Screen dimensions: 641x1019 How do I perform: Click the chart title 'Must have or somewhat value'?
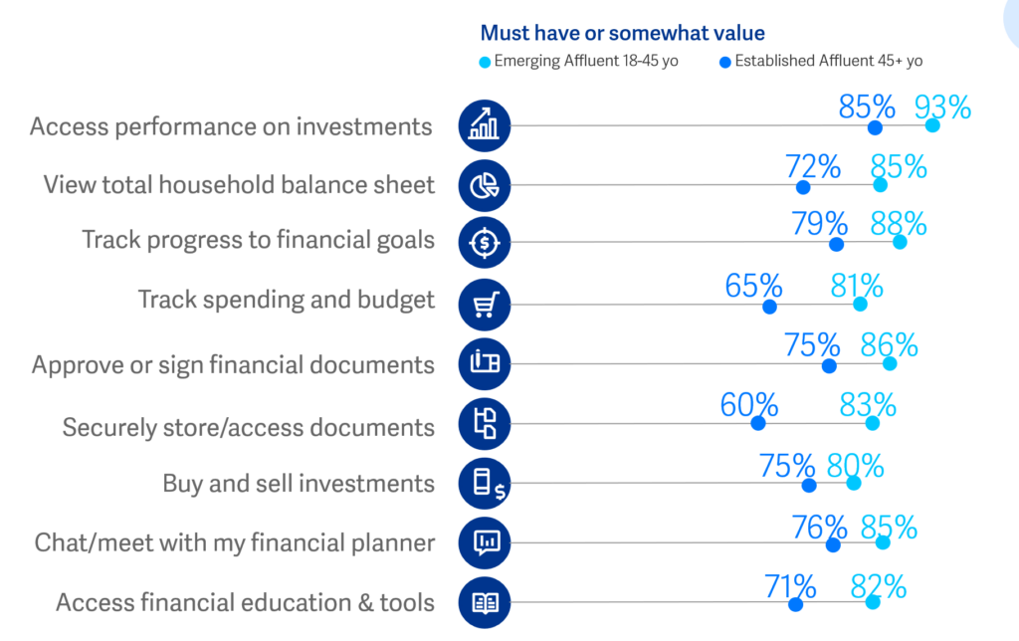click(622, 33)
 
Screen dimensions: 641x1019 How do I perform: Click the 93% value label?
click(941, 107)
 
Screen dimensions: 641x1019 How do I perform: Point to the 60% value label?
click(749, 405)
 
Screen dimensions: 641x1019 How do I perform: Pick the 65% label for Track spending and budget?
click(754, 287)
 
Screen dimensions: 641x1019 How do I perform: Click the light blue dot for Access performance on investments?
click(932, 125)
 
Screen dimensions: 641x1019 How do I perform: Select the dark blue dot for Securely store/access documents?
click(758, 423)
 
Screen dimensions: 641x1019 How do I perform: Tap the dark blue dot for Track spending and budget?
click(769, 306)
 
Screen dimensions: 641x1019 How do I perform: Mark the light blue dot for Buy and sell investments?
click(853, 483)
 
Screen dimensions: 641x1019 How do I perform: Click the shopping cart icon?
click(485, 304)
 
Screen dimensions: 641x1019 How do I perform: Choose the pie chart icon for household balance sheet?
click(485, 185)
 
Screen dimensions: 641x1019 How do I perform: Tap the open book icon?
click(485, 601)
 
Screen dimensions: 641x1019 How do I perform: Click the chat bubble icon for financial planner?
click(485, 542)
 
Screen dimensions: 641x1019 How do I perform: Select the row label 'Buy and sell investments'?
click(299, 484)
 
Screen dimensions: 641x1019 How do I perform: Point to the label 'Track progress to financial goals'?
click(259, 240)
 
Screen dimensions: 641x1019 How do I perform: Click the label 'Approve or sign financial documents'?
click(233, 364)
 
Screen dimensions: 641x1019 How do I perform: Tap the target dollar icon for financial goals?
click(485, 242)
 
